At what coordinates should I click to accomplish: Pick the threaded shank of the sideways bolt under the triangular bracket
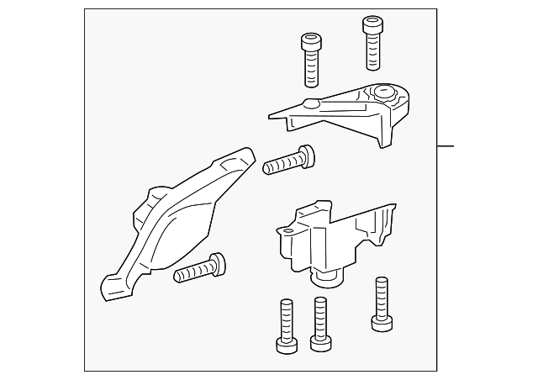click(x=279, y=164)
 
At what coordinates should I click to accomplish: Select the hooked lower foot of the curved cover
click(x=109, y=287)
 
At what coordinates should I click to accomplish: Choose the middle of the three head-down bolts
click(x=319, y=324)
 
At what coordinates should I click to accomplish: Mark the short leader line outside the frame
click(x=446, y=145)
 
